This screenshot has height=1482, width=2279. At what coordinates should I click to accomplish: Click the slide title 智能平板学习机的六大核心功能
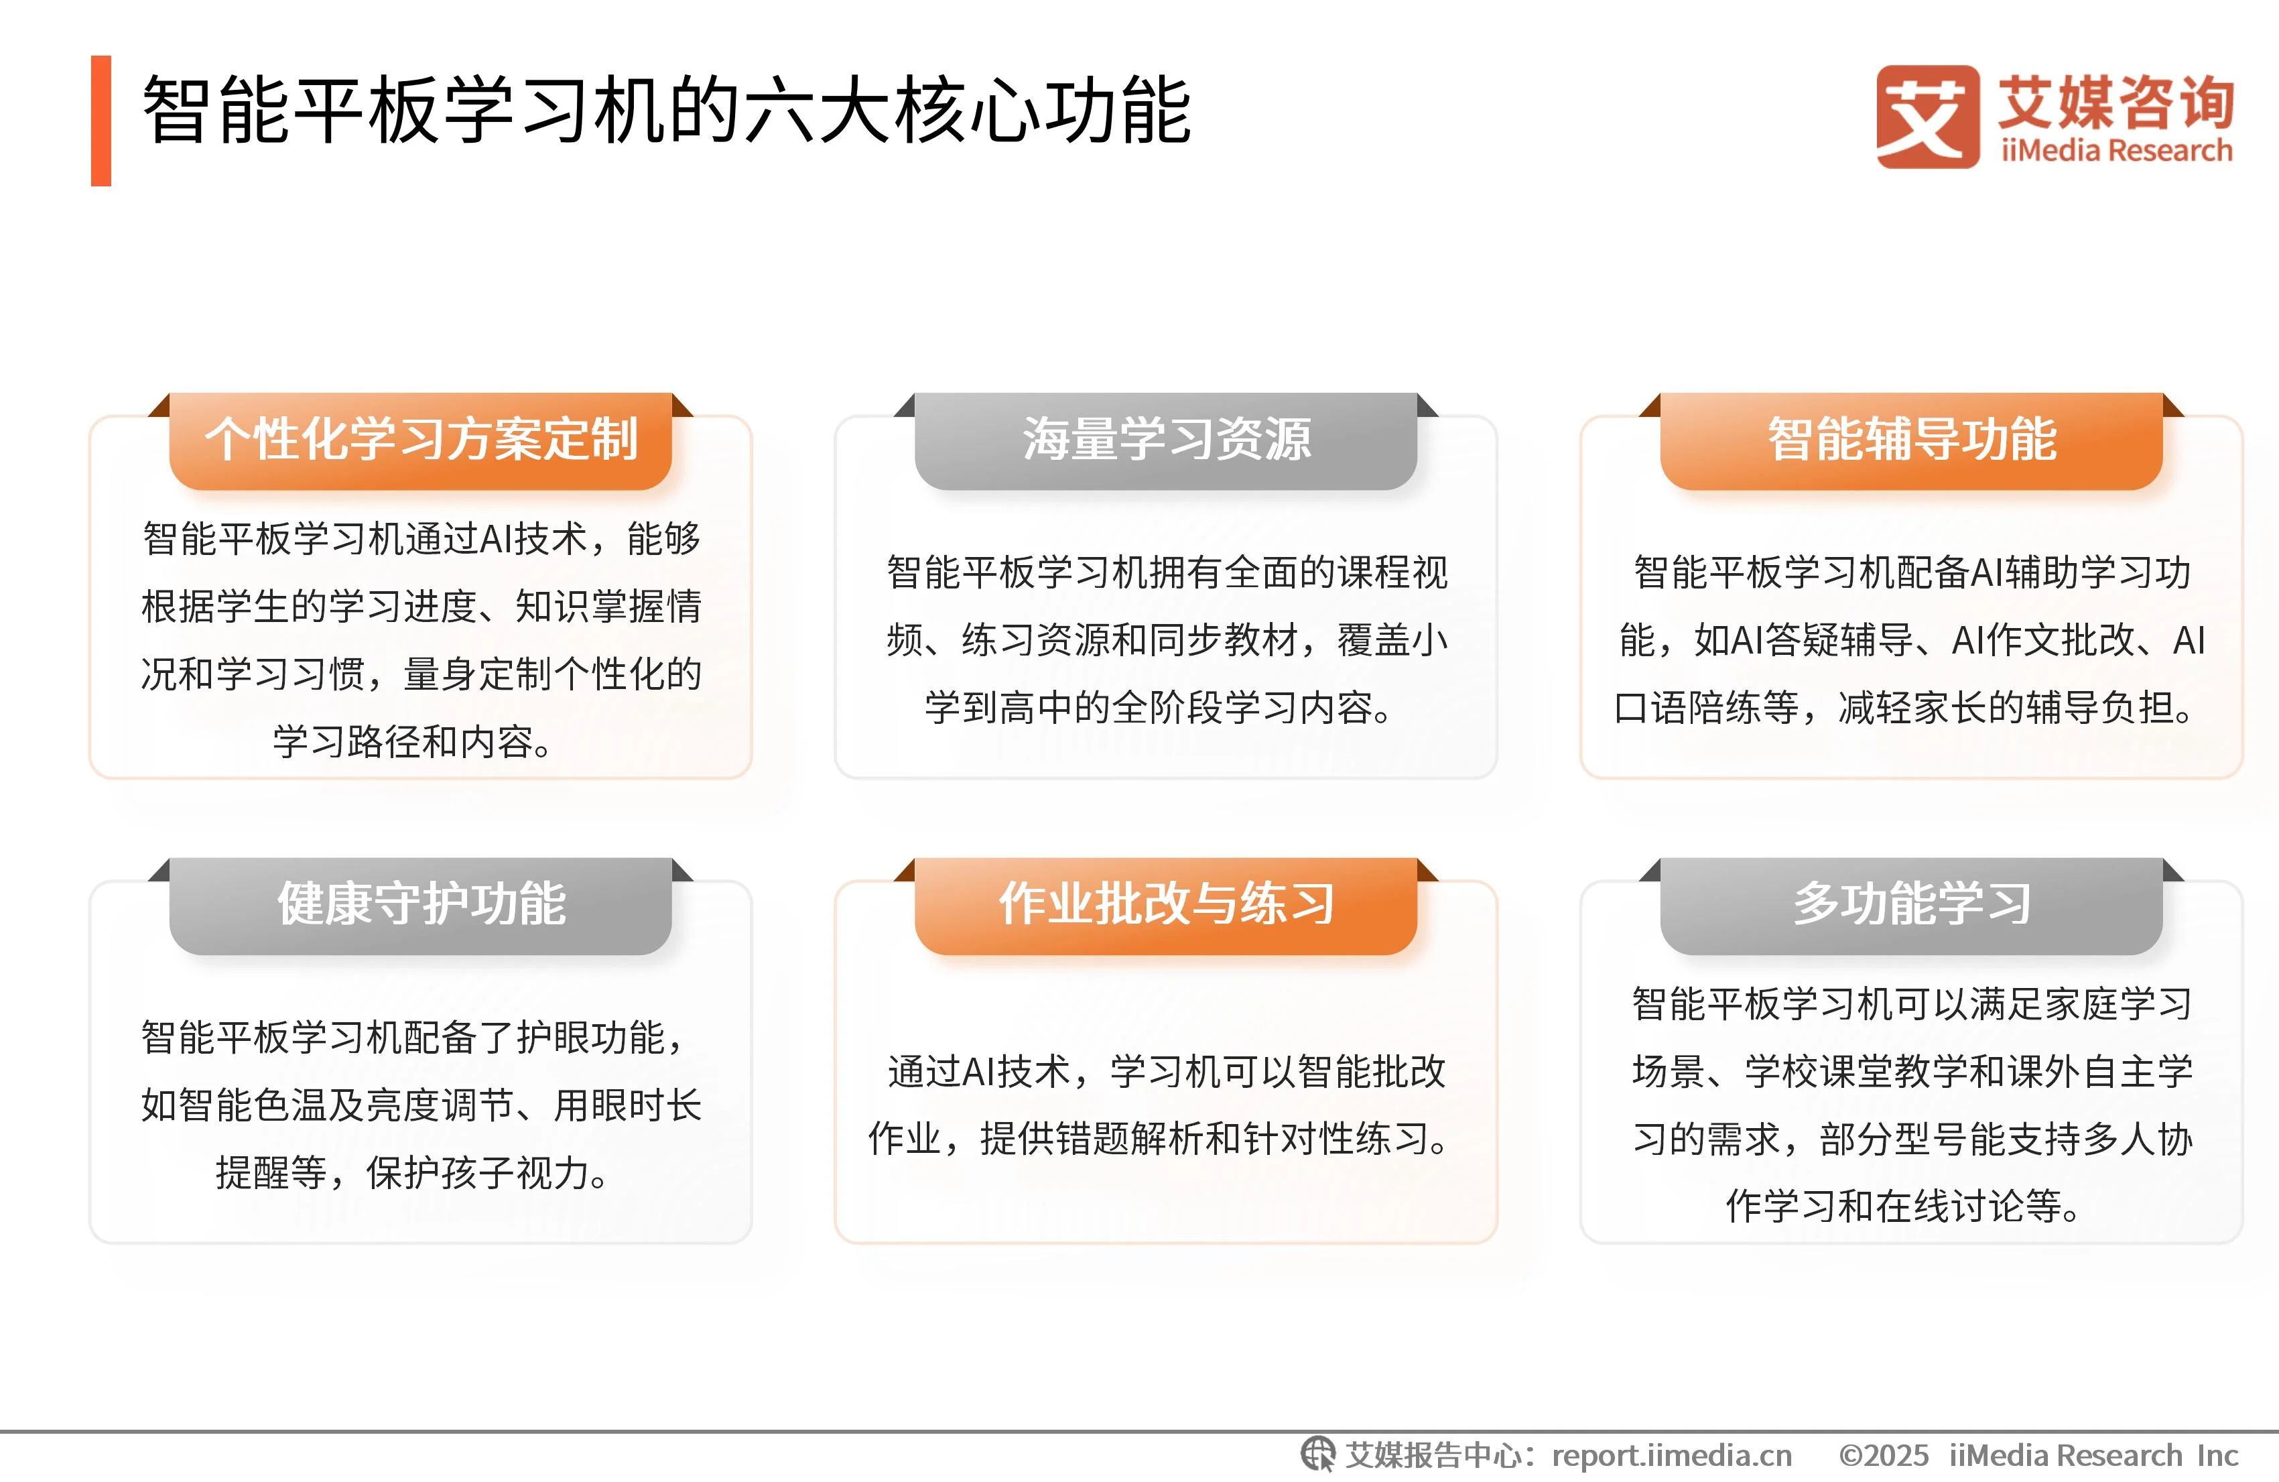[x=665, y=111]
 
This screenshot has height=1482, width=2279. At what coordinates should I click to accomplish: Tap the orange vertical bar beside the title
[x=101, y=121]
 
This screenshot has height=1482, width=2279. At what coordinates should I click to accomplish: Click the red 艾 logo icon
[x=1927, y=117]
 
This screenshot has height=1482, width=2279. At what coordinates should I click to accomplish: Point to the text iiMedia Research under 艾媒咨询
[x=2116, y=150]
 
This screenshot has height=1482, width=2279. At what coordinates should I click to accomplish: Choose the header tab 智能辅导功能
[x=1911, y=440]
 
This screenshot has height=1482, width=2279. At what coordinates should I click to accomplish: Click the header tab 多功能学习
[x=1911, y=904]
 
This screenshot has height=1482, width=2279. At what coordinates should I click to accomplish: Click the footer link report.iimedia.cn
[x=1671, y=1455]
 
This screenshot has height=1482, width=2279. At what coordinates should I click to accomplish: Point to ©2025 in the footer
[x=1882, y=1455]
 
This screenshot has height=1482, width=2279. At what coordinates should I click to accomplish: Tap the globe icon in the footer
[x=1317, y=1455]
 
